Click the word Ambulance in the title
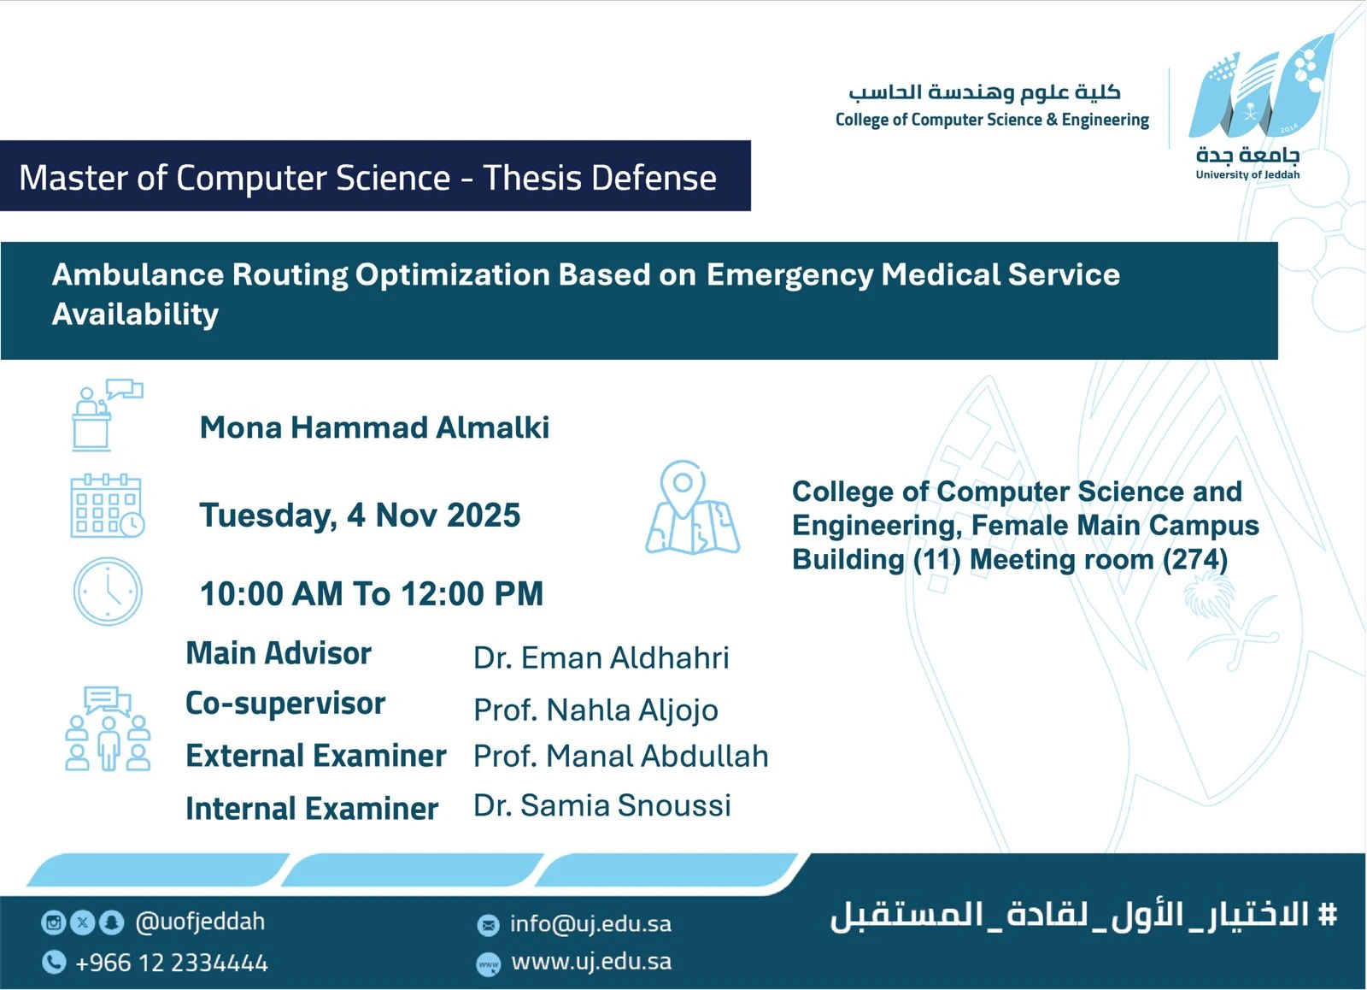click(138, 274)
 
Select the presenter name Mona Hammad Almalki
click(374, 427)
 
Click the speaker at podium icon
click(108, 415)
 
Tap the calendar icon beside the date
click(108, 506)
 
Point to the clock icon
click(108, 592)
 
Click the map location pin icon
click(692, 507)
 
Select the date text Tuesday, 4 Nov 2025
click(360, 516)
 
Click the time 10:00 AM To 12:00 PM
click(372, 593)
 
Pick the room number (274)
click(1195, 560)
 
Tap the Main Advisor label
click(279, 653)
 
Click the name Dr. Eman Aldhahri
click(601, 658)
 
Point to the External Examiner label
click(316, 756)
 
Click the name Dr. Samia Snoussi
click(602, 805)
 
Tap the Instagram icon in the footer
click(53, 922)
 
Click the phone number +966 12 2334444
click(172, 963)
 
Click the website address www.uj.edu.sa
click(591, 963)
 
